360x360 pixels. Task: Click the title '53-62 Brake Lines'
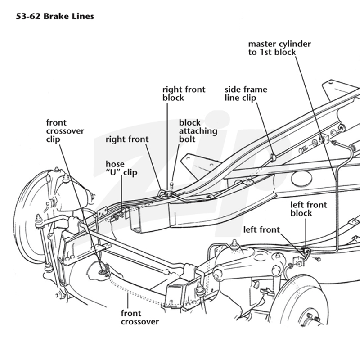click(x=55, y=17)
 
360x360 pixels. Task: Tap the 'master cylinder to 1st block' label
click(x=279, y=48)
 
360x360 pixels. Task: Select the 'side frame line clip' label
click(x=246, y=94)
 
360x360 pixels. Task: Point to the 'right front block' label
click(x=184, y=94)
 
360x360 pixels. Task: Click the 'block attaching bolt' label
click(x=198, y=131)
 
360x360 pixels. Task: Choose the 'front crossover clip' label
click(x=65, y=131)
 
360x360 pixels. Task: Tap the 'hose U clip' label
click(x=121, y=168)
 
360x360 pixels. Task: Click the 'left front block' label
click(x=309, y=209)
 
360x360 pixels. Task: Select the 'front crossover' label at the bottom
click(x=140, y=318)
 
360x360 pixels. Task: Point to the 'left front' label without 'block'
click(x=261, y=229)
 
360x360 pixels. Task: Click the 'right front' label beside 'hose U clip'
click(x=127, y=139)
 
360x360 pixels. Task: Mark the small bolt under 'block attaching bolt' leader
click(x=172, y=185)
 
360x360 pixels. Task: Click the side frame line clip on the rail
click(x=273, y=157)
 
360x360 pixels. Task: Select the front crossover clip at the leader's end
click(x=103, y=272)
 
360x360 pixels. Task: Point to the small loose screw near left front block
click(x=318, y=259)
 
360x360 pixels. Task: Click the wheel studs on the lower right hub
click(x=313, y=317)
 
